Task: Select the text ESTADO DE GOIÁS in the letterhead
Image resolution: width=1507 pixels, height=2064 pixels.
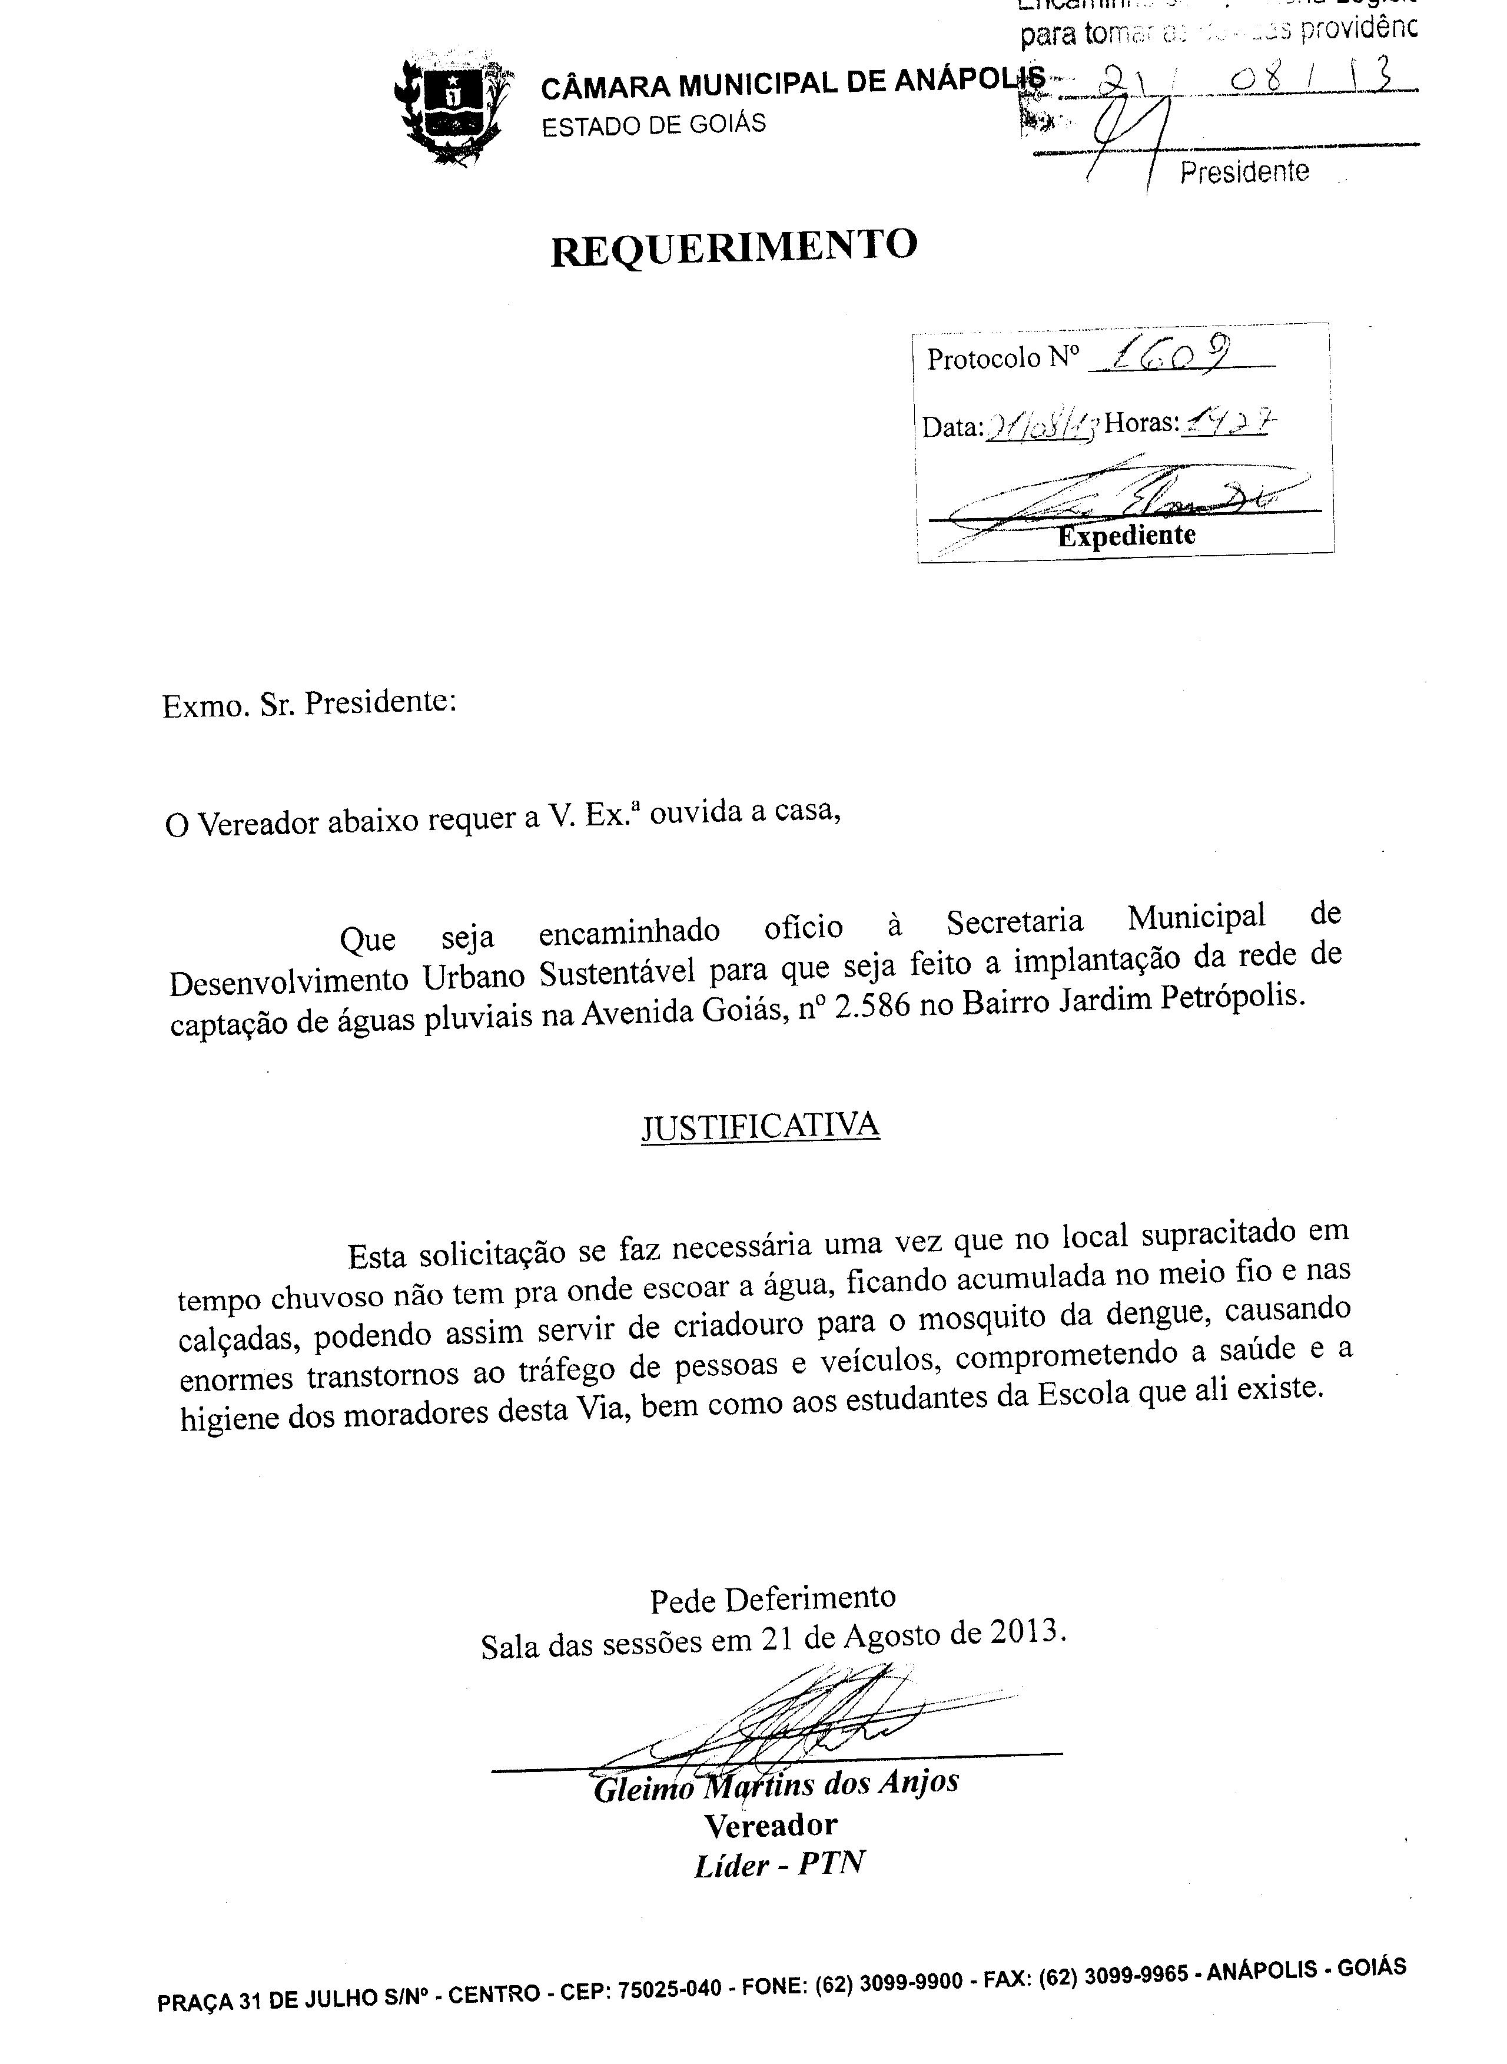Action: coord(654,125)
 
